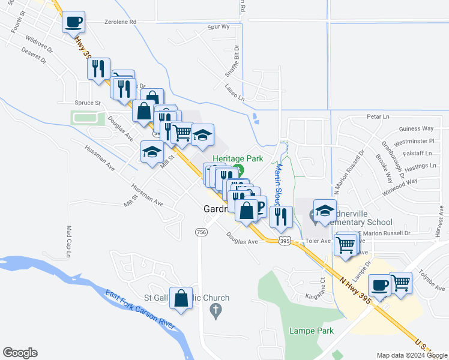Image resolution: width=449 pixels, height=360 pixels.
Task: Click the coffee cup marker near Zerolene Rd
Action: click(x=74, y=22)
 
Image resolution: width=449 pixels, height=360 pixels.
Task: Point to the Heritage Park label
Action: click(x=238, y=158)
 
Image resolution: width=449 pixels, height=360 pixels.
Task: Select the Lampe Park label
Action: click(x=303, y=331)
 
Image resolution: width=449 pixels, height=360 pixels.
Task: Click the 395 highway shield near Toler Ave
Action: click(x=285, y=241)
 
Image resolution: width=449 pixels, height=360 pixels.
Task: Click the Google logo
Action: click(x=20, y=353)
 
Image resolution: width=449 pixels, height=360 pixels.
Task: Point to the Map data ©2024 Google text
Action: click(x=412, y=355)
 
